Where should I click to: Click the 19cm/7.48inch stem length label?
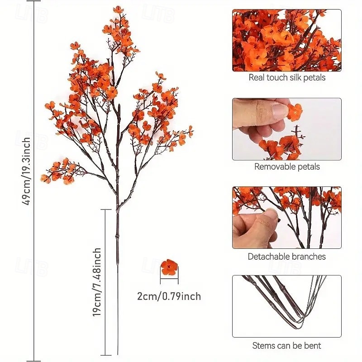pyautogui.click(x=97, y=281)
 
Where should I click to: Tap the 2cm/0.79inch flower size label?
pyautogui.click(x=169, y=297)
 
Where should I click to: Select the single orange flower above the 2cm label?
pyautogui.click(x=169, y=267)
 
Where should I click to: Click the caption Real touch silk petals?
pyautogui.click(x=287, y=77)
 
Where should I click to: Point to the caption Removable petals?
pyautogui.click(x=287, y=167)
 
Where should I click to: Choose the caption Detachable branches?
pyautogui.click(x=287, y=257)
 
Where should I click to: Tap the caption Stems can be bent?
pyautogui.click(x=287, y=346)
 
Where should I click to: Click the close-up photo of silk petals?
pyautogui.click(x=287, y=40)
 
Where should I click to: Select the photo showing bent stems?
pyautogui.click(x=287, y=306)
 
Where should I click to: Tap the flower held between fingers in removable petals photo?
pyautogui.click(x=294, y=111)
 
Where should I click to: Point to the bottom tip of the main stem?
pyautogui.click(x=118, y=354)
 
